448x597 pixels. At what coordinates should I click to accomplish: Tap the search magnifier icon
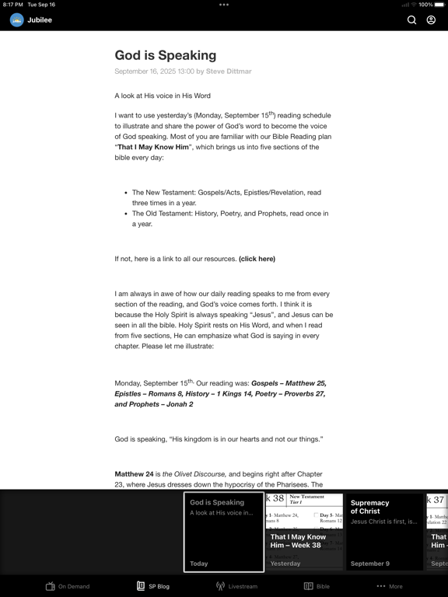tap(412, 19)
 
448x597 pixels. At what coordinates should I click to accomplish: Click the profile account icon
tap(431, 19)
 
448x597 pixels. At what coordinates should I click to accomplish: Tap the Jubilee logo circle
tap(17, 19)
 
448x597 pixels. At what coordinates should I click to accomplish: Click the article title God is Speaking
tap(166, 55)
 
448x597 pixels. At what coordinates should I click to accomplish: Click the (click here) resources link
tap(257, 259)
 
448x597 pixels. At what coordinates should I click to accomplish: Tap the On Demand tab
tap(68, 586)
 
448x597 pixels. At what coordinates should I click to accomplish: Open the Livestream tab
tap(236, 586)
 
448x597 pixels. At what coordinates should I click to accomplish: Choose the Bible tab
tap(317, 586)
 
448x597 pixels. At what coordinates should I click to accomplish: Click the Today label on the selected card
tap(199, 564)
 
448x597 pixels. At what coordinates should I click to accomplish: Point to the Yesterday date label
tap(285, 564)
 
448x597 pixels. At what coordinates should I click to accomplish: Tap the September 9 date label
tap(370, 564)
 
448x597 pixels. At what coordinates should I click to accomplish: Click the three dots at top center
tap(224, 5)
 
